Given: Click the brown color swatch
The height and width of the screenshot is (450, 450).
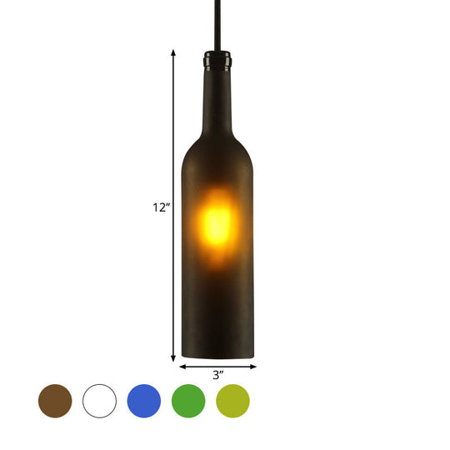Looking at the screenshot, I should [55, 401].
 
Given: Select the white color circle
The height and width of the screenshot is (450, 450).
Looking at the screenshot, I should [99, 401].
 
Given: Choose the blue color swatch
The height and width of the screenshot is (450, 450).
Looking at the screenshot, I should [144, 401].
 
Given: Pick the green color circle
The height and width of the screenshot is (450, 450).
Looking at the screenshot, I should [188, 401].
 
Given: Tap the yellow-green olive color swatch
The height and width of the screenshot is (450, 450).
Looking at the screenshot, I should [232, 401].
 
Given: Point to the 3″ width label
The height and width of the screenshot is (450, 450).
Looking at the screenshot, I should [217, 376].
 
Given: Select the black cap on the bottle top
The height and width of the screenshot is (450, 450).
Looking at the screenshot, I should [217, 60].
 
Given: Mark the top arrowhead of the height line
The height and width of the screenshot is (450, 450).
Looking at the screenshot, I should [173, 52].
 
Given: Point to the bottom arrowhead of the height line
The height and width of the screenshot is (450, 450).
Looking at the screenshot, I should [173, 358].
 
